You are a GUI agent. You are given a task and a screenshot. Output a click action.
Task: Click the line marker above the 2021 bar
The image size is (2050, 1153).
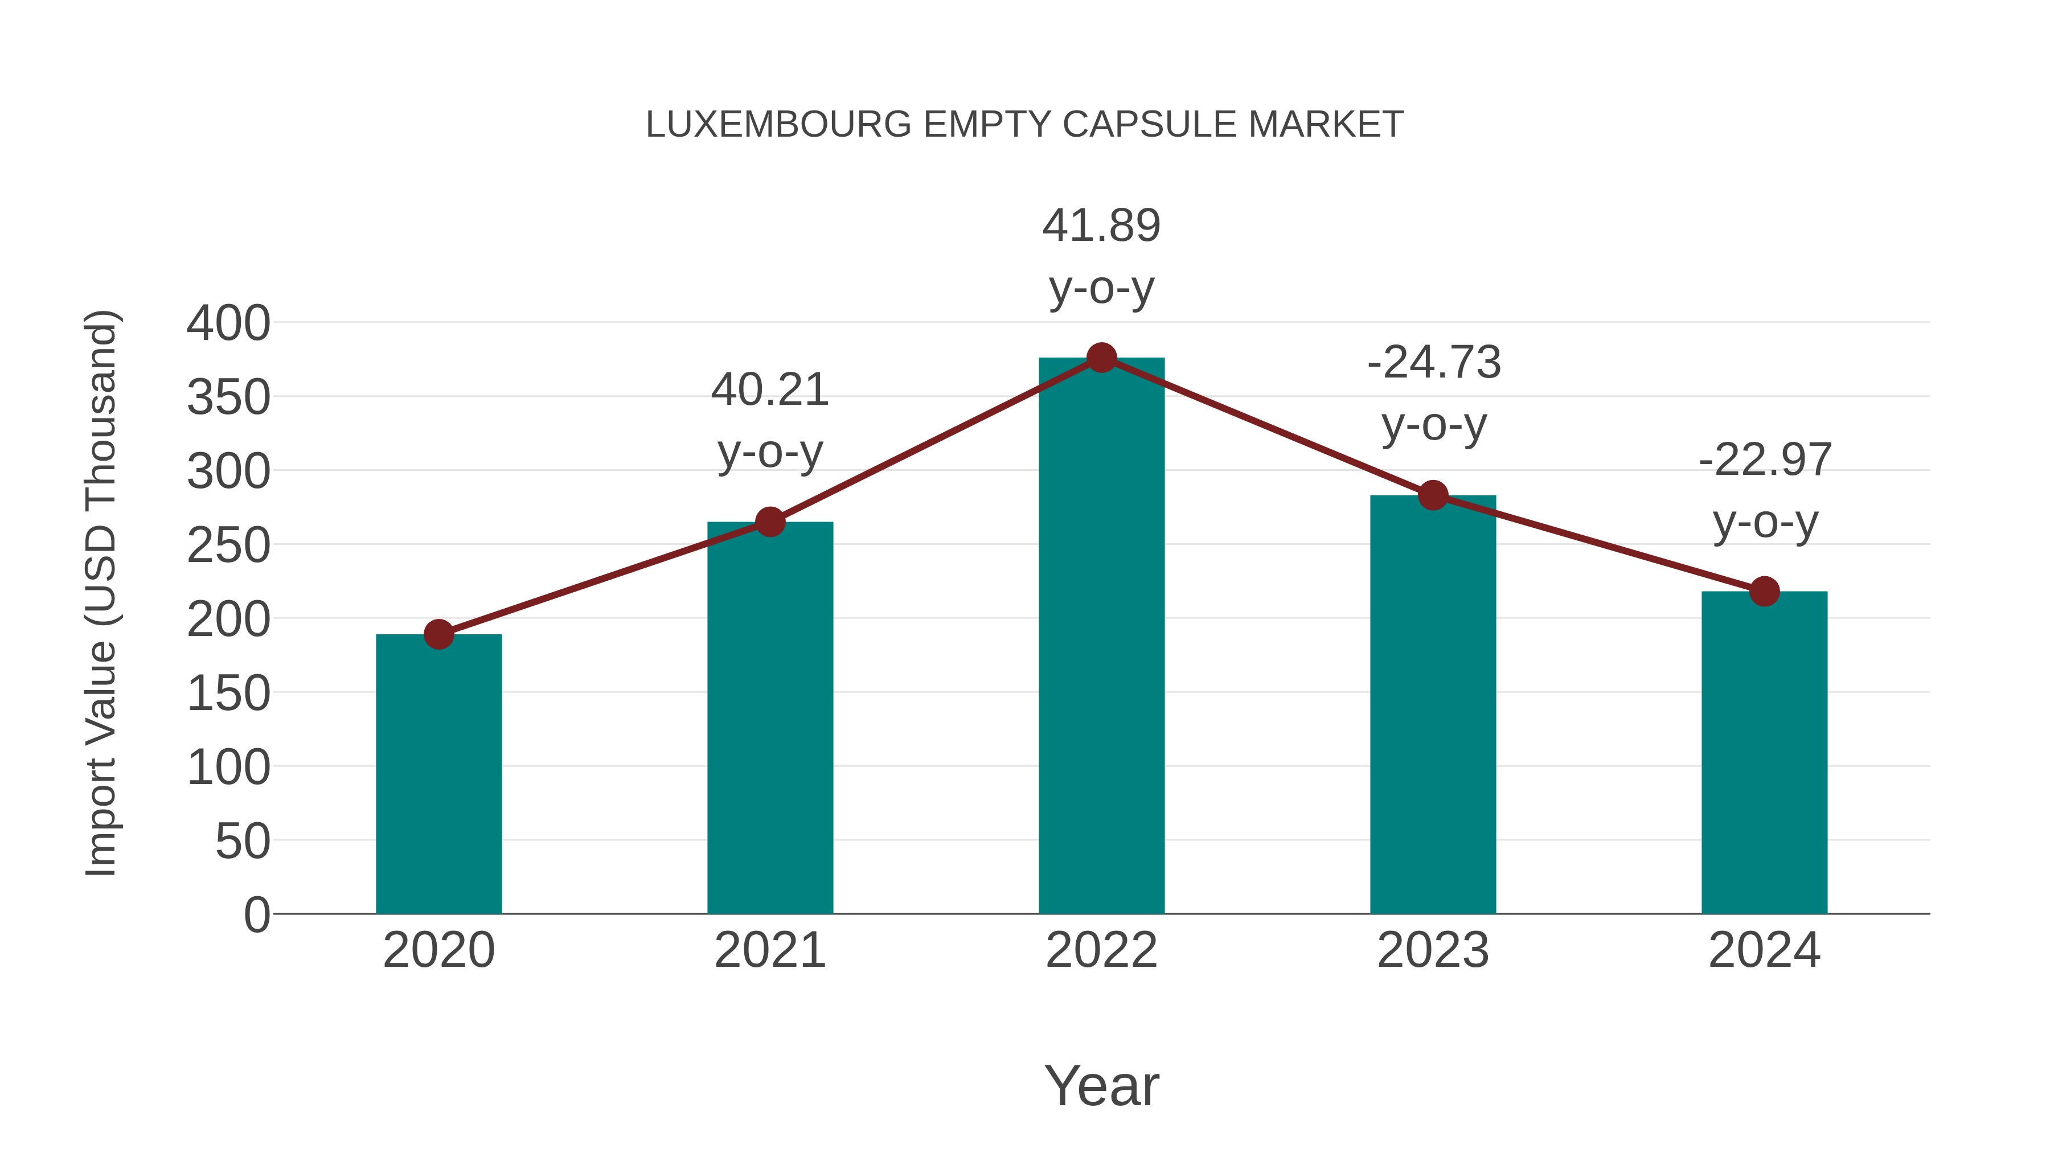(769, 522)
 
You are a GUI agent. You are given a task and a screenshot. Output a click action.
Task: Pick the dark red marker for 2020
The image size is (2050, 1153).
(438, 634)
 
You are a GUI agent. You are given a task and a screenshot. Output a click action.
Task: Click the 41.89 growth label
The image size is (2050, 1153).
(1101, 226)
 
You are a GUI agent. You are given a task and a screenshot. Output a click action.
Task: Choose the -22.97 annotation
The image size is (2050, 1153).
(1764, 460)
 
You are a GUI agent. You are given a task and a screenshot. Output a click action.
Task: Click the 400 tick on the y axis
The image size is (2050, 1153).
(228, 324)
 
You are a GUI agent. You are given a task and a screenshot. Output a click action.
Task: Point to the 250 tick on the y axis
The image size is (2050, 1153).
(228, 546)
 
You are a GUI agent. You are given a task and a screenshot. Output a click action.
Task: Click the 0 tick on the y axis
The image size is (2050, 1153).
(256, 914)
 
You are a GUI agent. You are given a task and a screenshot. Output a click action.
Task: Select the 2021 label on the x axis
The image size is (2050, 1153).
(769, 950)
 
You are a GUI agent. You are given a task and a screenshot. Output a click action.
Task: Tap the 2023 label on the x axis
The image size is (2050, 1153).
(1433, 950)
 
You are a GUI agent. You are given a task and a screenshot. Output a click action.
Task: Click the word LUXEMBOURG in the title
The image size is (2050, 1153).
(777, 125)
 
